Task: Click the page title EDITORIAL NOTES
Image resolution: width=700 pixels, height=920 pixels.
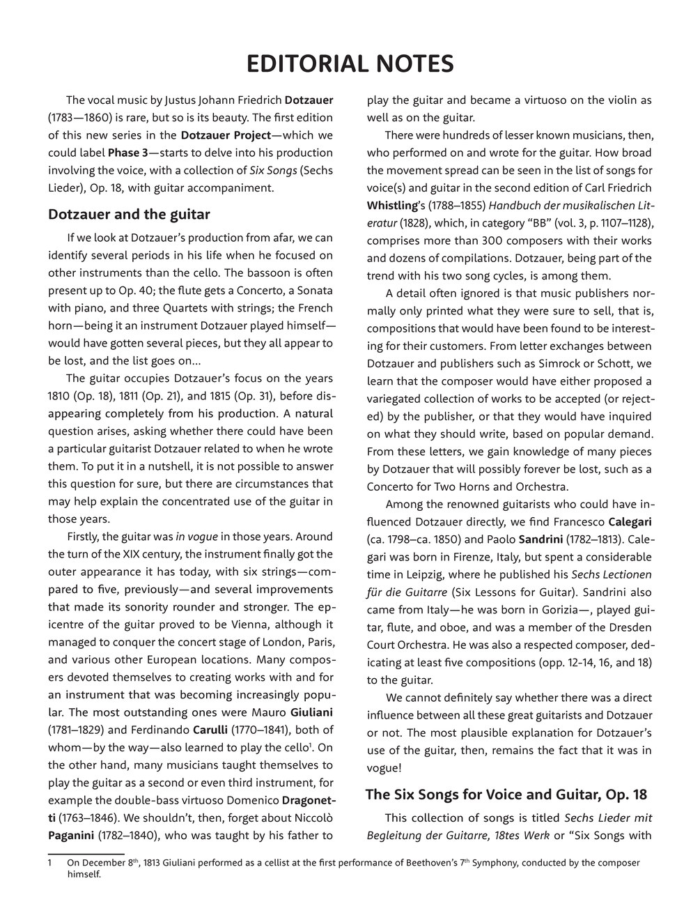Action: coord(350,64)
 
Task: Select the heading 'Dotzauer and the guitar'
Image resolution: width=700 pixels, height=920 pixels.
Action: coord(129,213)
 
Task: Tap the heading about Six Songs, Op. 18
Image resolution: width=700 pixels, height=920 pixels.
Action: coord(506,794)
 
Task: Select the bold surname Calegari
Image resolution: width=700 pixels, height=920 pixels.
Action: coord(630,521)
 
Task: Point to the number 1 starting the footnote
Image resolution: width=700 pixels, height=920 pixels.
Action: coord(50,863)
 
